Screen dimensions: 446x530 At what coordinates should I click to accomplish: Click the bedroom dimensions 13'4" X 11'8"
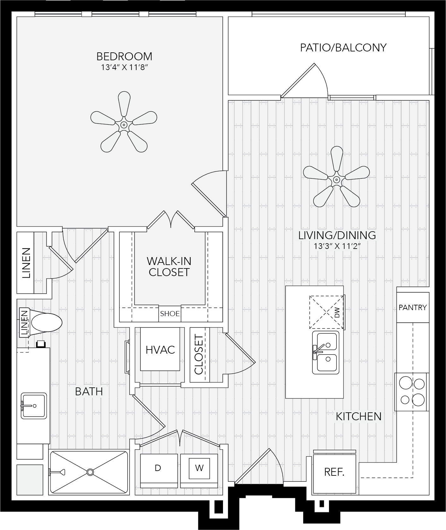pos(125,68)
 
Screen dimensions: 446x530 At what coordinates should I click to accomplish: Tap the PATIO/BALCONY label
pos(343,48)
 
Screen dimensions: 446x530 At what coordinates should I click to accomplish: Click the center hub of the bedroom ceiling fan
pos(124,125)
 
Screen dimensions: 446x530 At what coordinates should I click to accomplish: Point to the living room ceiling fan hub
pos(337,180)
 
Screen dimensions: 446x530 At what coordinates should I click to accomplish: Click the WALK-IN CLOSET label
pos(169,267)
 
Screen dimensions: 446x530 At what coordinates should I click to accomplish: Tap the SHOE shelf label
pos(170,314)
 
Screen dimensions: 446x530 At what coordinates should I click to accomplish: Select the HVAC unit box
pos(160,349)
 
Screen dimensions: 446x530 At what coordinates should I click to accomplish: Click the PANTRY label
pos(413,307)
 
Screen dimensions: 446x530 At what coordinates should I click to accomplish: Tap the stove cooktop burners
pos(412,392)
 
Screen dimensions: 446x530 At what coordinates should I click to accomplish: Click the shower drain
pos(90,472)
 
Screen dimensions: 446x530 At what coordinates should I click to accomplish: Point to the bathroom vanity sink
pos(34,406)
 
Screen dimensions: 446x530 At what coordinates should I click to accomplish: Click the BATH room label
pos(89,392)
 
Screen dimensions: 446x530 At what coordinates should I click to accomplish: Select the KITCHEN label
pos(359,416)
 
